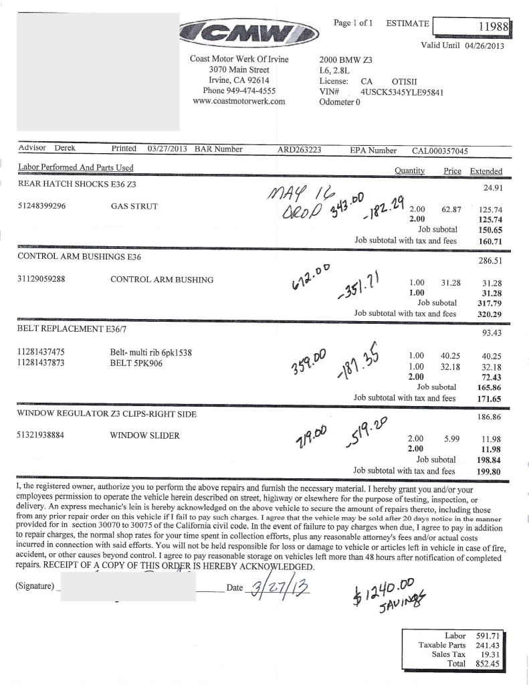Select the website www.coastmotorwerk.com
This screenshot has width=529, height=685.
coord(239,102)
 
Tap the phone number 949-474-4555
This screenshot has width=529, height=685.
coord(252,91)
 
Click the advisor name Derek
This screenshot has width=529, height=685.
coord(64,149)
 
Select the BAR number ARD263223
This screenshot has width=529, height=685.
coord(299,150)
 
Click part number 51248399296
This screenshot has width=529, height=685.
coord(41,206)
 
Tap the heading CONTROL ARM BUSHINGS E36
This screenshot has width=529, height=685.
coord(79,256)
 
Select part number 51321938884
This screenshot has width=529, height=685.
coord(41,435)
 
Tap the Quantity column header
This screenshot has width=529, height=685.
coord(410,171)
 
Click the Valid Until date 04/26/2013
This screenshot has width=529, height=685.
coord(483,46)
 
